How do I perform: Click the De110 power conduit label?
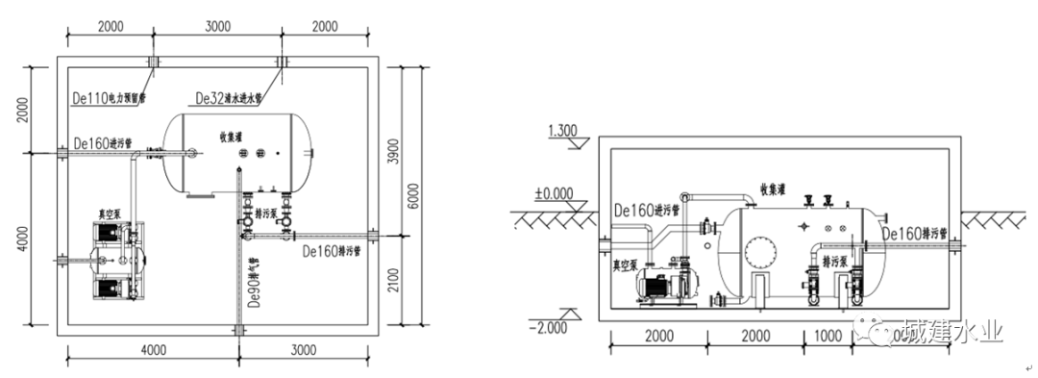coord(109,98)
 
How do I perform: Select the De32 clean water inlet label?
coord(229,98)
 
